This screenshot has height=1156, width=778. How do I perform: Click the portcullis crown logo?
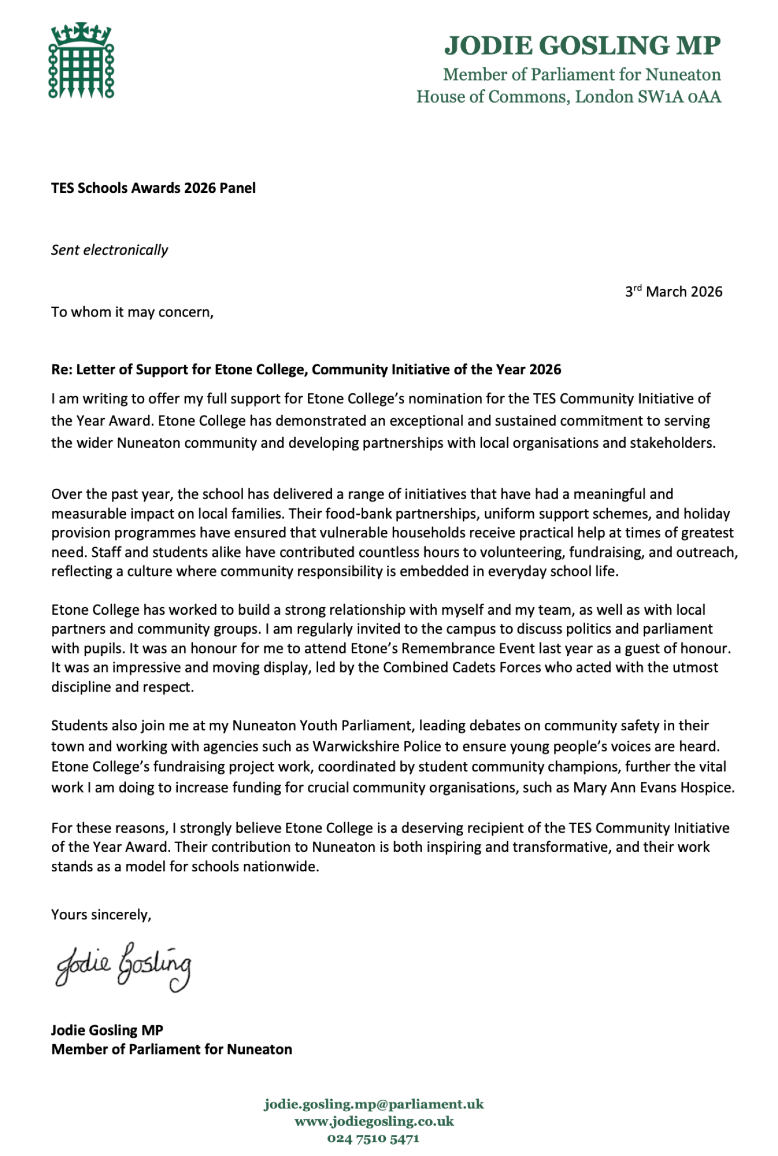[81, 61]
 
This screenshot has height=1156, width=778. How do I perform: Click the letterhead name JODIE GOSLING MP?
[582, 45]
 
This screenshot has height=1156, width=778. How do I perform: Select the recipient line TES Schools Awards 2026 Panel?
[153, 188]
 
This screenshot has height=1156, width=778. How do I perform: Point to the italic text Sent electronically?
[110, 250]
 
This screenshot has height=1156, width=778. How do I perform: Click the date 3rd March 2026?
[673, 292]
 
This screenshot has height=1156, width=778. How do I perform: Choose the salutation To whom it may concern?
[132, 312]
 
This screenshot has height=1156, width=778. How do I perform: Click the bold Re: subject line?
[306, 369]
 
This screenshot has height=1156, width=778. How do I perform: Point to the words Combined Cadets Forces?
[462, 668]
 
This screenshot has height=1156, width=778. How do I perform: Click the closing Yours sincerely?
[101, 915]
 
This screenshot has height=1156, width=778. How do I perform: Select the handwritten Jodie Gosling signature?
[123, 966]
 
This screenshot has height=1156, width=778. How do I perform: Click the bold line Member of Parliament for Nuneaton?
[171, 1049]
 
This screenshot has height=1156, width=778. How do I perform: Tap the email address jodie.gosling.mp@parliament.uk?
[374, 1104]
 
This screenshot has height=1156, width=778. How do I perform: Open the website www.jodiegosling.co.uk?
[374, 1121]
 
